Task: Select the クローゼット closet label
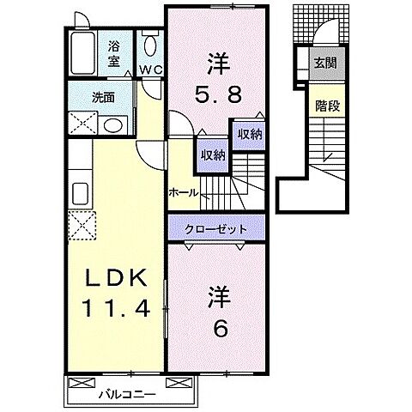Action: tap(218, 229)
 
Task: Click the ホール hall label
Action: tap(183, 192)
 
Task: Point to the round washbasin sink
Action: tap(111, 125)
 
